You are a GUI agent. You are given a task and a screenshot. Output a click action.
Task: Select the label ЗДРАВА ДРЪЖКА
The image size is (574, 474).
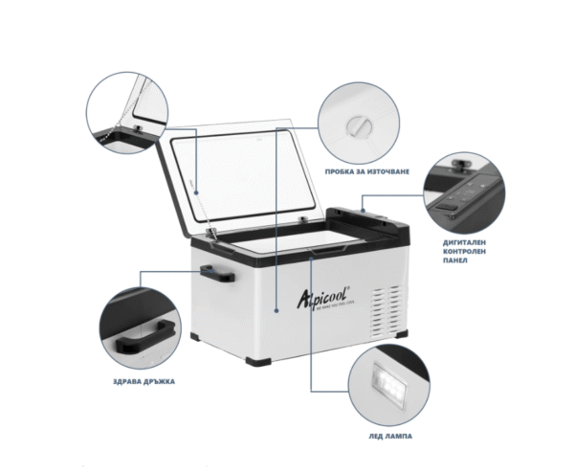[x=143, y=381]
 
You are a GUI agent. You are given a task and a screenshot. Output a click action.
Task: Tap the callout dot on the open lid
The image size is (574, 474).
[x=196, y=191]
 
